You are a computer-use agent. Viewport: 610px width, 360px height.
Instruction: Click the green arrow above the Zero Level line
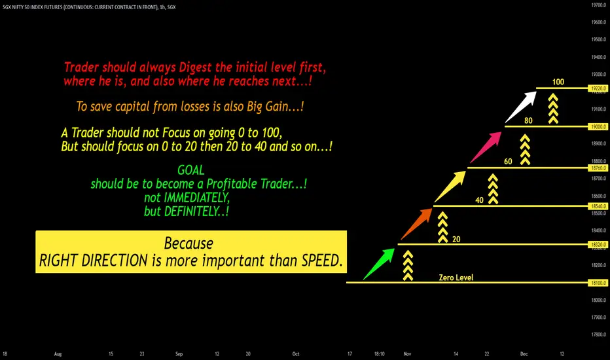coord(379,264)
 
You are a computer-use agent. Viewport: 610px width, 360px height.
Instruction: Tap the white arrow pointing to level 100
coord(520,107)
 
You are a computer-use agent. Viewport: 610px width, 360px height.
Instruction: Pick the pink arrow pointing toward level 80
coord(486,147)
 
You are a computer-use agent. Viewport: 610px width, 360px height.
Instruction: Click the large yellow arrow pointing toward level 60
coord(450,187)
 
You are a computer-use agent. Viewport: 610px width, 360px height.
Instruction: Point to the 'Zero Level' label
coord(456,278)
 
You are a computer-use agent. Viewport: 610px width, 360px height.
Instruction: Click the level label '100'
coord(558,82)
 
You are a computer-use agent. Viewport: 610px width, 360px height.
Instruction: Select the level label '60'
coord(508,162)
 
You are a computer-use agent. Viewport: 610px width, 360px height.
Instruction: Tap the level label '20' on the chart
coord(456,240)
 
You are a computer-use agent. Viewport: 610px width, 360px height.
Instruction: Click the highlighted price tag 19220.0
coord(598,88)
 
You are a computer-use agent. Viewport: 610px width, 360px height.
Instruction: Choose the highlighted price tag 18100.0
coord(598,283)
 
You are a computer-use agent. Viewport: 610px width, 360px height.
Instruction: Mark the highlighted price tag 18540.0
coord(598,206)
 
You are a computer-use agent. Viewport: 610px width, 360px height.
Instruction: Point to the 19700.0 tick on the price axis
coord(599,5)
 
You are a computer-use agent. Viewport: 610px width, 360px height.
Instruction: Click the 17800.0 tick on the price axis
coord(599,334)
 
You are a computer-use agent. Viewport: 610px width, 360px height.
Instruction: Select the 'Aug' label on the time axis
coord(58,353)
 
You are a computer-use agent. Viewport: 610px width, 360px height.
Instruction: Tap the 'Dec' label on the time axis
coord(524,353)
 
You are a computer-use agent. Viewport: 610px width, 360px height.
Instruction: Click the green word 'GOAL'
coord(190,170)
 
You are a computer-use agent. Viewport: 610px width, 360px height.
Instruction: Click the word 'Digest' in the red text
coord(195,67)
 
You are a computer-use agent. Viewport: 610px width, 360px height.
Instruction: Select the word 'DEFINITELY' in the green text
coord(192,211)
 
